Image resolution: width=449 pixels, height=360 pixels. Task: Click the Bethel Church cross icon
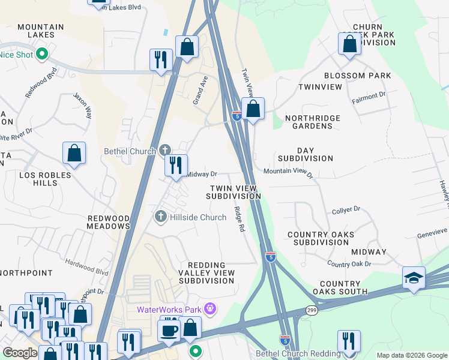pyautogui.click(x=166, y=150)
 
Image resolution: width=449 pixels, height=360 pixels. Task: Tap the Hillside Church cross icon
pyautogui.click(x=160, y=216)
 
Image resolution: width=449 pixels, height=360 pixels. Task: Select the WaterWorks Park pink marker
pyautogui.click(x=209, y=310)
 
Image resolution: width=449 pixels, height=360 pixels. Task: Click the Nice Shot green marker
pyautogui.click(x=41, y=55)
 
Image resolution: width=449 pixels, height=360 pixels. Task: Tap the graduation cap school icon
pyautogui.click(x=414, y=277)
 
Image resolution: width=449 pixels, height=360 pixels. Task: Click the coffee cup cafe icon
pyautogui.click(x=169, y=330)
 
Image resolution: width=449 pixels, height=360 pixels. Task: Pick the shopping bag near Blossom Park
pyautogui.click(x=349, y=44)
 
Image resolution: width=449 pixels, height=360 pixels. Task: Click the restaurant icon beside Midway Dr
pyautogui.click(x=176, y=166)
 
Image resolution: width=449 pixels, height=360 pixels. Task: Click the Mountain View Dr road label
pyautogui.click(x=288, y=172)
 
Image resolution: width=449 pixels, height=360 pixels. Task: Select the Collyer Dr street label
pyautogui.click(x=346, y=211)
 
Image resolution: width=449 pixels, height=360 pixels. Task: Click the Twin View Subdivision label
pyautogui.click(x=234, y=192)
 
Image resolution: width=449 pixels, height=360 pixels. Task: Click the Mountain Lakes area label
pyautogui.click(x=40, y=31)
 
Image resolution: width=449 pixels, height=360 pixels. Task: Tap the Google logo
pyautogui.click(x=20, y=353)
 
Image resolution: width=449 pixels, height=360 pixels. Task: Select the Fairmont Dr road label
pyautogui.click(x=369, y=96)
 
